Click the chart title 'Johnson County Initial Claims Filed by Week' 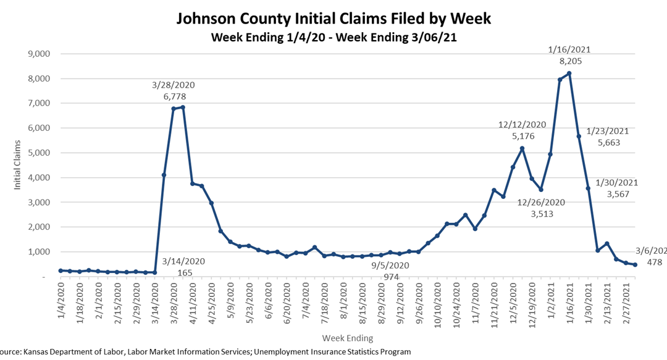[333, 18]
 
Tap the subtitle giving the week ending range [333, 37]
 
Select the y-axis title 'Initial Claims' [19, 165]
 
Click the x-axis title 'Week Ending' [347, 338]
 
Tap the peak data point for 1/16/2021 [569, 73]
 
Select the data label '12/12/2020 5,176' [522, 130]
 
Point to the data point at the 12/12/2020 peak [522, 148]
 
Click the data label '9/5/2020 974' [390, 271]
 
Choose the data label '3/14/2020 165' [185, 266]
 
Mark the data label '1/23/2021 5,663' [608, 136]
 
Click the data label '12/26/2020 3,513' [541, 208]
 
